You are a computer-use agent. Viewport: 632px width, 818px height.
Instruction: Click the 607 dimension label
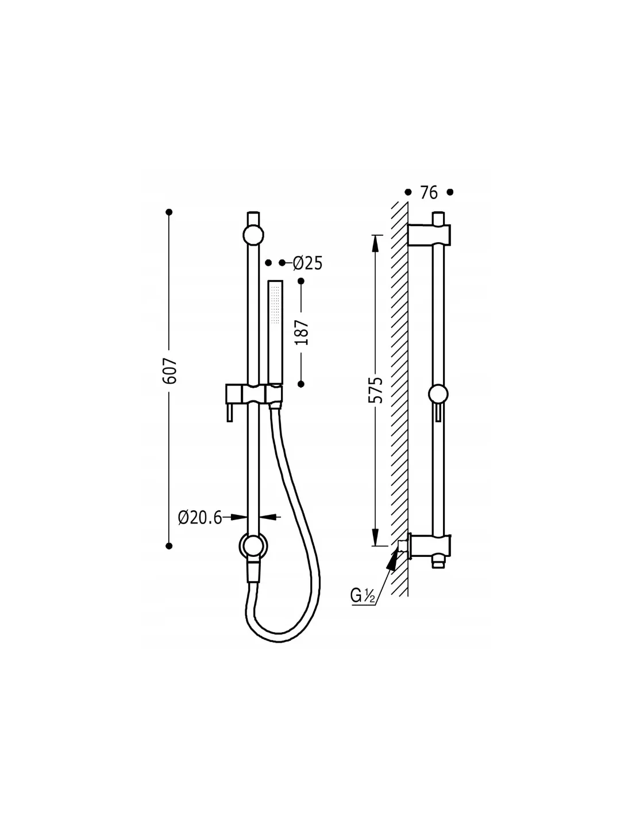(170, 370)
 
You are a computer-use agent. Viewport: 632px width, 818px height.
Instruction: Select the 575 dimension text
(376, 390)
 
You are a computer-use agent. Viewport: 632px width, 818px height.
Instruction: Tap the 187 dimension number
(302, 332)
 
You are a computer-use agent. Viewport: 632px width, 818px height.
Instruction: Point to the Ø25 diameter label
(307, 263)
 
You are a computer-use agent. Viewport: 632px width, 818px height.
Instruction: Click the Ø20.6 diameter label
(200, 518)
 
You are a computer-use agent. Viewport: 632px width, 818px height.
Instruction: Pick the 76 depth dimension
(429, 193)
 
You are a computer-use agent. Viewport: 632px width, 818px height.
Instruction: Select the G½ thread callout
(363, 596)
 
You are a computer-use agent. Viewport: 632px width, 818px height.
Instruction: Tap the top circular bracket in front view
(253, 235)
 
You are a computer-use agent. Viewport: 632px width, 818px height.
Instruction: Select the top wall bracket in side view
(429, 235)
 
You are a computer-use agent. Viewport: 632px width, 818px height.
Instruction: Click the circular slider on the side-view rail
(438, 395)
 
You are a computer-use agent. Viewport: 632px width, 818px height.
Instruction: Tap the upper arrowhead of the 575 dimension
(375, 244)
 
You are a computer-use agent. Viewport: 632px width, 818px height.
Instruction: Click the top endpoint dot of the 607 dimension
(169, 212)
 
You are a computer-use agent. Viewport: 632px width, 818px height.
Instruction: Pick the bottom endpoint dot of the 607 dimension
(169, 546)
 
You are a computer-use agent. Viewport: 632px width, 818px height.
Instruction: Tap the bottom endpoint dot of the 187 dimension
(300, 384)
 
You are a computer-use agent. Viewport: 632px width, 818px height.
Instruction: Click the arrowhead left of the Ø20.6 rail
(239, 518)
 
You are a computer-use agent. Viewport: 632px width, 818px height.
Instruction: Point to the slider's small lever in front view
(230, 413)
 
